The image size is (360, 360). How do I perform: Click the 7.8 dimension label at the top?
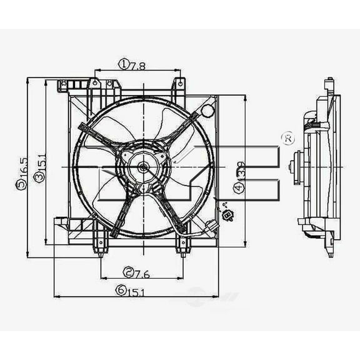(138, 64)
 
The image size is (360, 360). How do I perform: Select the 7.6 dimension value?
(142, 272)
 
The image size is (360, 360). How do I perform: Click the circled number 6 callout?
(118, 289)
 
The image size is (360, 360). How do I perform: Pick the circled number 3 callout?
(39, 178)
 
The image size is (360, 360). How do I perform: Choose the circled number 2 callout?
(128, 272)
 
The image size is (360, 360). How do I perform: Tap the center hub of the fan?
(142, 167)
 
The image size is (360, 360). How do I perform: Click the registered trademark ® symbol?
(288, 137)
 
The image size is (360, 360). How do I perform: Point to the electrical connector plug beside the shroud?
(228, 216)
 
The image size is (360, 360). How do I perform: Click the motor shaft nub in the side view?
(292, 167)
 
